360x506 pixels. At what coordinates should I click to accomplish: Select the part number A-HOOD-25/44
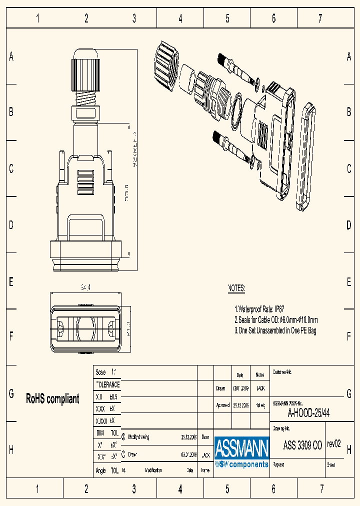pyautogui.click(x=308, y=413)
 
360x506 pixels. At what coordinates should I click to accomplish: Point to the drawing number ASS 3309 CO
pyautogui.click(x=302, y=445)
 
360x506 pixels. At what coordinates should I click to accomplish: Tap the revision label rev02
pyautogui.click(x=333, y=444)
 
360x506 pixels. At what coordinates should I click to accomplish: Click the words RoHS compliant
pyautogui.click(x=52, y=398)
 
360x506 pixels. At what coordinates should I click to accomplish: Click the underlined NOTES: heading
pyautogui.click(x=236, y=288)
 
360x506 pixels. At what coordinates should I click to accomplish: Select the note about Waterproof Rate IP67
pyautogui.click(x=259, y=309)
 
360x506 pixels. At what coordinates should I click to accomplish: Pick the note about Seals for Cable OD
pyautogui.click(x=276, y=320)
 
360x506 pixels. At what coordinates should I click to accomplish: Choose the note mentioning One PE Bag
pyautogui.click(x=275, y=330)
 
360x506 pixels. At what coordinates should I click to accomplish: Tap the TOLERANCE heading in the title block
pyautogui.click(x=107, y=384)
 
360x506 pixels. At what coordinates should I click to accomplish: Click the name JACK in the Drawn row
pyautogui.click(x=260, y=388)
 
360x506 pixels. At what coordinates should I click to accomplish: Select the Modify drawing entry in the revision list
pyautogui.click(x=138, y=436)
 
